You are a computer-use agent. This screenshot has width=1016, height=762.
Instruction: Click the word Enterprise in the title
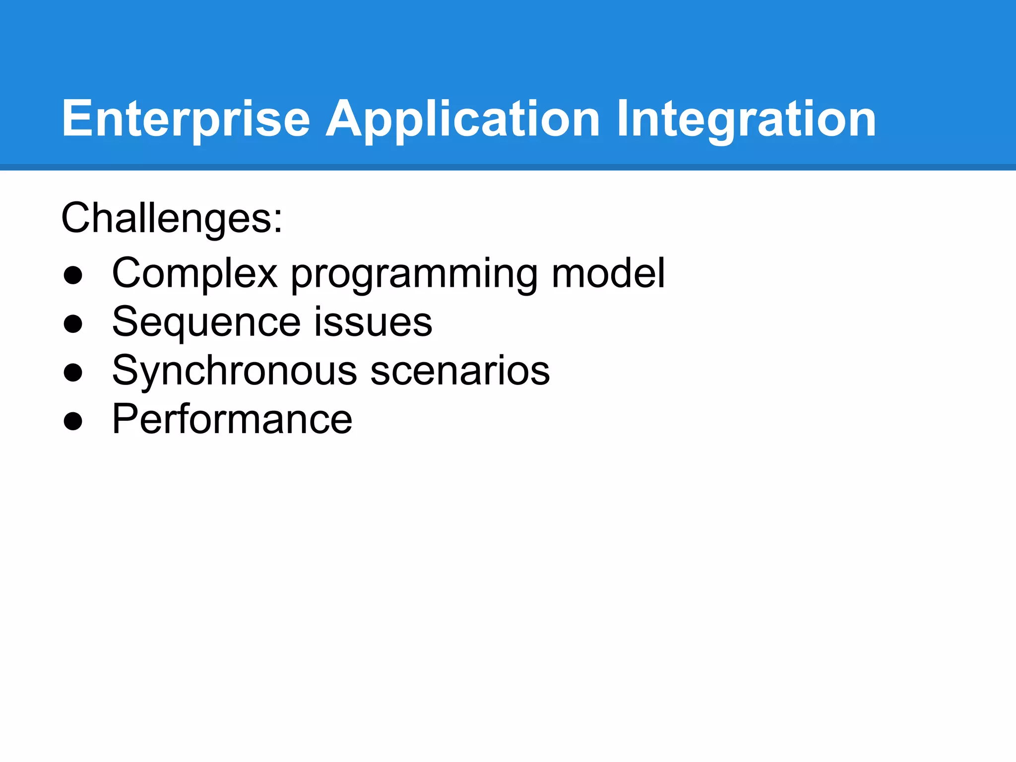pos(186,119)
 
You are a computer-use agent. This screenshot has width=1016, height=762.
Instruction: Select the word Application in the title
pos(462,119)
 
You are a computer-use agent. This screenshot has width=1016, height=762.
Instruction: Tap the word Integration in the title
pos(746,119)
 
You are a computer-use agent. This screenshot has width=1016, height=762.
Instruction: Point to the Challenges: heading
pos(172,218)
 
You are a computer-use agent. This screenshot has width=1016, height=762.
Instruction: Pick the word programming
pos(414,274)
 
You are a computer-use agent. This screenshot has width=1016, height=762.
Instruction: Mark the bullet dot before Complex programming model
pos(73,275)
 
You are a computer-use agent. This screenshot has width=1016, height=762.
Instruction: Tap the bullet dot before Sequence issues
pos(73,324)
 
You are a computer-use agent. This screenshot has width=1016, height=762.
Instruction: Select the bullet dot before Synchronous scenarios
pos(73,373)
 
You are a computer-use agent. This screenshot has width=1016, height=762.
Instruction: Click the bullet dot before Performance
pos(73,421)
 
